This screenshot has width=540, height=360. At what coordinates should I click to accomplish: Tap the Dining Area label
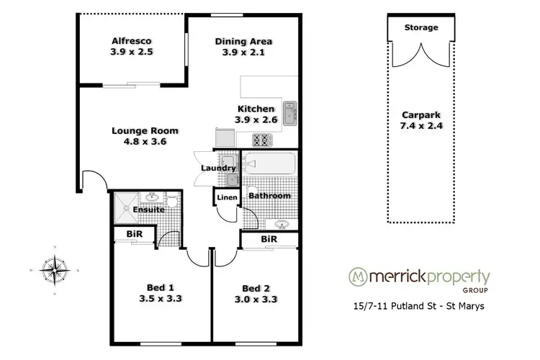click(243, 41)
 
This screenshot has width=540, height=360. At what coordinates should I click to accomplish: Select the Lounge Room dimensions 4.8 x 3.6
click(145, 142)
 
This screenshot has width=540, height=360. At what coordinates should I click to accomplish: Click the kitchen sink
click(289, 114)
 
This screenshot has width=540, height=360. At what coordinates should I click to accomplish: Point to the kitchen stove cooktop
click(259, 139)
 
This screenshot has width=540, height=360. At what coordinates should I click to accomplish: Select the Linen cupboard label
click(227, 197)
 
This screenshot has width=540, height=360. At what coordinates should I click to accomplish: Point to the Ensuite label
click(148, 210)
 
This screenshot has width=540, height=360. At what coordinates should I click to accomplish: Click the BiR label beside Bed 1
click(134, 235)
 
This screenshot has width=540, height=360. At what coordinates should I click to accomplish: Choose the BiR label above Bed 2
click(269, 238)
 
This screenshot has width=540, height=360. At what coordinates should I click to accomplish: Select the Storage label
click(420, 27)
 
